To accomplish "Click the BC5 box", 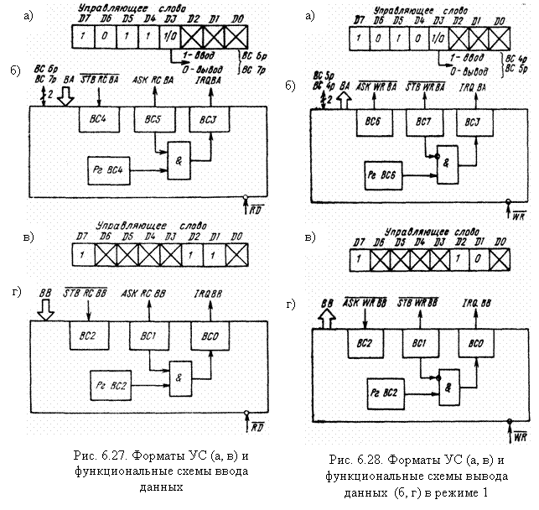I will (151, 118).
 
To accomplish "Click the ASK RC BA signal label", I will (153, 81).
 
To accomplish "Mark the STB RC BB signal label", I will (86, 294).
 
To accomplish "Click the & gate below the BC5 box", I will (178, 153).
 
